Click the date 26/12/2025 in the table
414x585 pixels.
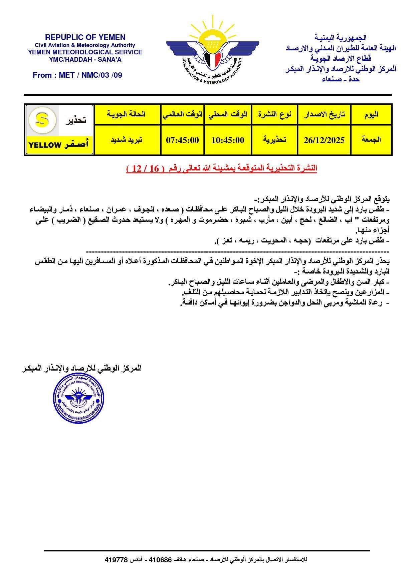[324, 140]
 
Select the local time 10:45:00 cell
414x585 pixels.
[228, 140]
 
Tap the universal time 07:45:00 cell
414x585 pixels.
[182, 140]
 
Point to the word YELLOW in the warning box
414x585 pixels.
[45, 145]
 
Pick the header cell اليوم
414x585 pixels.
[371, 114]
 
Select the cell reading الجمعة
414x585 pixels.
[371, 140]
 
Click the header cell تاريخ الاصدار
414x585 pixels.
[324, 114]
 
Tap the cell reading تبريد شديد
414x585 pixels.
[127, 140]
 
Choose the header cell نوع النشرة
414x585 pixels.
[274, 114]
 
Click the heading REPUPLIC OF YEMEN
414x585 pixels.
[85, 37]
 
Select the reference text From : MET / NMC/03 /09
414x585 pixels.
[77, 75]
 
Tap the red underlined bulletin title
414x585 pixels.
[221, 168]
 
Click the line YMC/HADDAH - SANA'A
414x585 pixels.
[85, 59]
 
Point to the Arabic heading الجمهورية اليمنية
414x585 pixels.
[341, 38]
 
